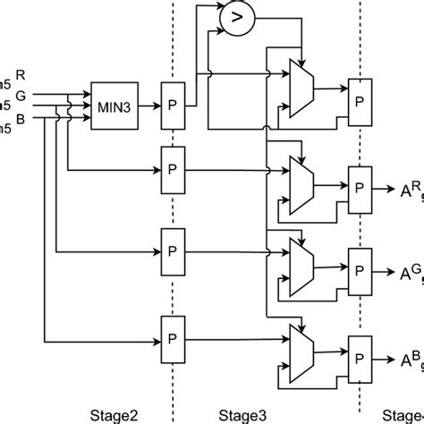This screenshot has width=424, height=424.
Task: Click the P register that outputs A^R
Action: [x=360, y=188]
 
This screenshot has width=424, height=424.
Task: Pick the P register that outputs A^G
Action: [x=360, y=269]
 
